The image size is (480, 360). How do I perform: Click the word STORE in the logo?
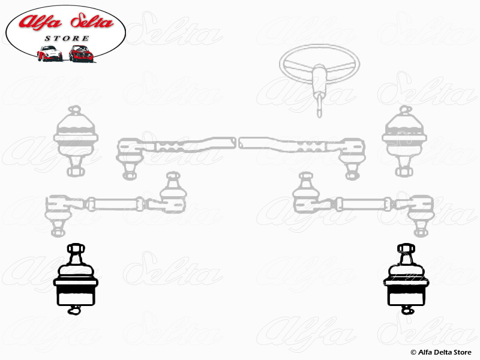click(x=67, y=38)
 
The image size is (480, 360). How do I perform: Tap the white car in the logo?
click(x=50, y=53)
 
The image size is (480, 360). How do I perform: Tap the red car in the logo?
click(x=81, y=53)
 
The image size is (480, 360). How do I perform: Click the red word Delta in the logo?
click(x=92, y=21)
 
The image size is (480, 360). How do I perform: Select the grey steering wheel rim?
click(x=319, y=64)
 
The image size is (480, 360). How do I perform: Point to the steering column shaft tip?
click(x=319, y=115)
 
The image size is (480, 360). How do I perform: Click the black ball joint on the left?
click(x=76, y=278)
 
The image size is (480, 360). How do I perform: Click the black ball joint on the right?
click(x=406, y=278)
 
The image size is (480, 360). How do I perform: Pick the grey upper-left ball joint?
click(x=76, y=141)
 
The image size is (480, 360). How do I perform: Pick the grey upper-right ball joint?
click(x=404, y=141)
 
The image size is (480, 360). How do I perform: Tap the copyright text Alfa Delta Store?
click(x=441, y=352)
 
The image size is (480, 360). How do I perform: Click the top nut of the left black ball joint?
click(x=76, y=248)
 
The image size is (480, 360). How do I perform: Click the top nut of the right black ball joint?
click(x=406, y=248)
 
